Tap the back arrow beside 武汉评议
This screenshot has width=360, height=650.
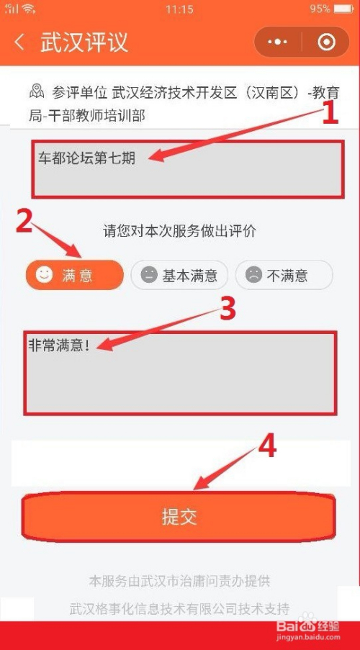click(x=19, y=42)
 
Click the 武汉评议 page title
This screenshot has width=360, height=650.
click(x=84, y=42)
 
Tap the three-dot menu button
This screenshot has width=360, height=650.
click(x=278, y=42)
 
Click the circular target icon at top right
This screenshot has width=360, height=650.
click(x=326, y=42)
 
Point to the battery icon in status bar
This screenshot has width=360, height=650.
click(x=343, y=9)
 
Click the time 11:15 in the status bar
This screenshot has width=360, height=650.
click(x=179, y=9)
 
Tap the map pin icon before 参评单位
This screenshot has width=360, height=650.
click(x=37, y=91)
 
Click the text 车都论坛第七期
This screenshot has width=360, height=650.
click(x=86, y=158)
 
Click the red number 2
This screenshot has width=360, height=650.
click(x=24, y=222)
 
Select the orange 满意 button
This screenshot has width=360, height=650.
click(x=75, y=274)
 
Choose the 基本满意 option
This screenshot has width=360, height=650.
click(x=179, y=274)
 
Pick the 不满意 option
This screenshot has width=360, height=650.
click(x=284, y=274)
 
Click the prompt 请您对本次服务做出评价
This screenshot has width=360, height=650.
click(x=179, y=231)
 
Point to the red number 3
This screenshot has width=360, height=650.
click(x=228, y=310)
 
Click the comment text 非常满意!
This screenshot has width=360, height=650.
click(x=58, y=345)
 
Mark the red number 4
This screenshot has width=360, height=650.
click(x=267, y=447)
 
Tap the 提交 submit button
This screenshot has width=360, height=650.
click(x=179, y=517)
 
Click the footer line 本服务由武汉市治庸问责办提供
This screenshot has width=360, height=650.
click(x=179, y=581)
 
